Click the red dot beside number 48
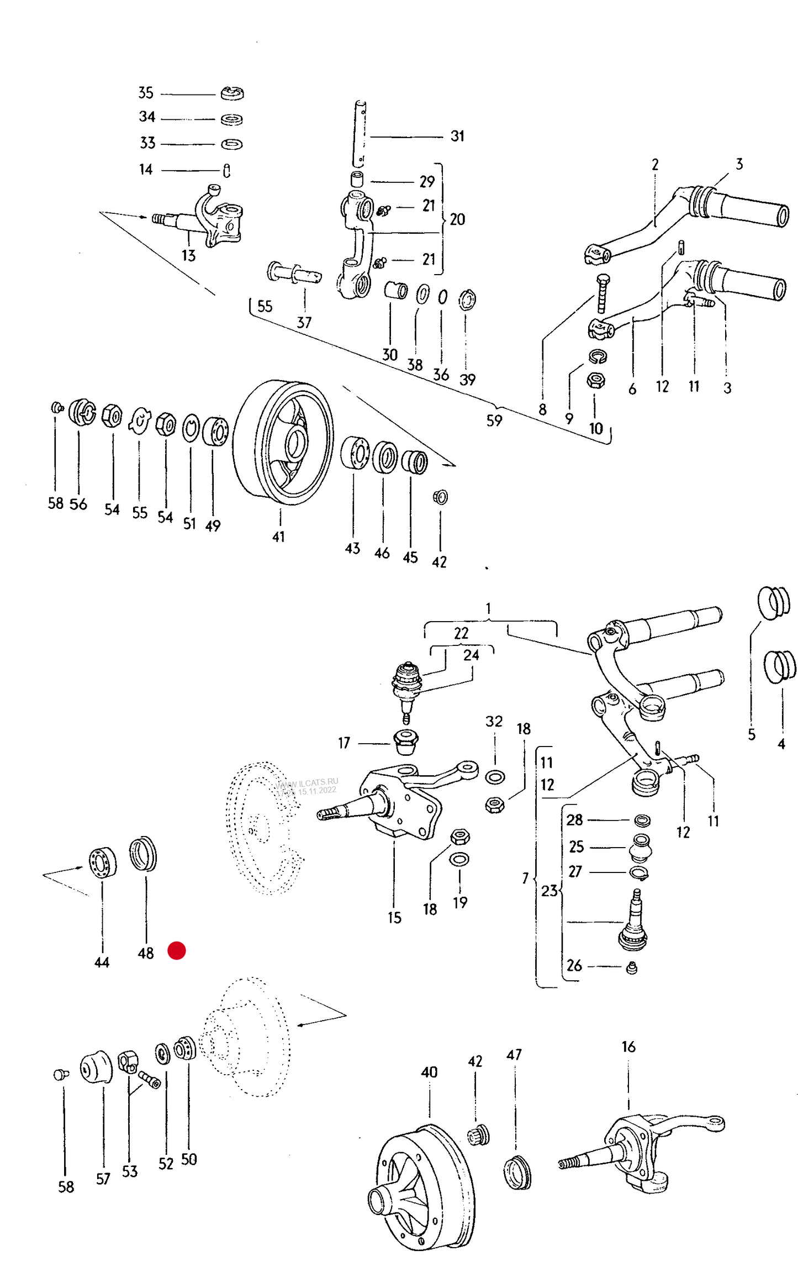(177, 950)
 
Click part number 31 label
(457, 136)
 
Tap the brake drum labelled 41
(283, 441)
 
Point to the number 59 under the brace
(494, 420)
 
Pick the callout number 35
(146, 93)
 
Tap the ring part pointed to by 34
(232, 119)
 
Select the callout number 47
(514, 1054)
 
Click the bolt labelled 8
(603, 293)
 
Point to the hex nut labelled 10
(596, 380)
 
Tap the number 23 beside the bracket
(549, 891)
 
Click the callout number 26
(574, 965)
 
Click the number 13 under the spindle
(189, 256)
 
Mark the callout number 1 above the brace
(488, 608)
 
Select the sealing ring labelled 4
(780, 666)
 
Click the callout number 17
(344, 743)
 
